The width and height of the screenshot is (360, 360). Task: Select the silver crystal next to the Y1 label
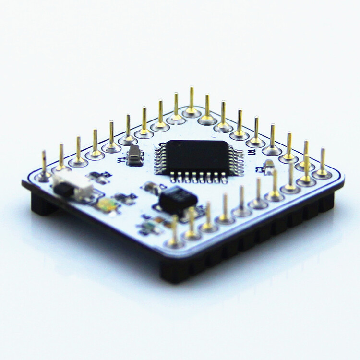(x=135, y=156)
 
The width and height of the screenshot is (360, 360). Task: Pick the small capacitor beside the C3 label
(x=269, y=168)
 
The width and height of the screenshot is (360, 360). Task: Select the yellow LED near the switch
(x=108, y=205)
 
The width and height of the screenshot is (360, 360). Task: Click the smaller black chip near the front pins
(x=177, y=199)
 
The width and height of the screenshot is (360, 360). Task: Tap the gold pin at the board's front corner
(x=174, y=230)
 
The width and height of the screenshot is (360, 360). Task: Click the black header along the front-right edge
(x=269, y=230)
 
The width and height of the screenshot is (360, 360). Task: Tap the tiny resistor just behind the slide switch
(x=98, y=177)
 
